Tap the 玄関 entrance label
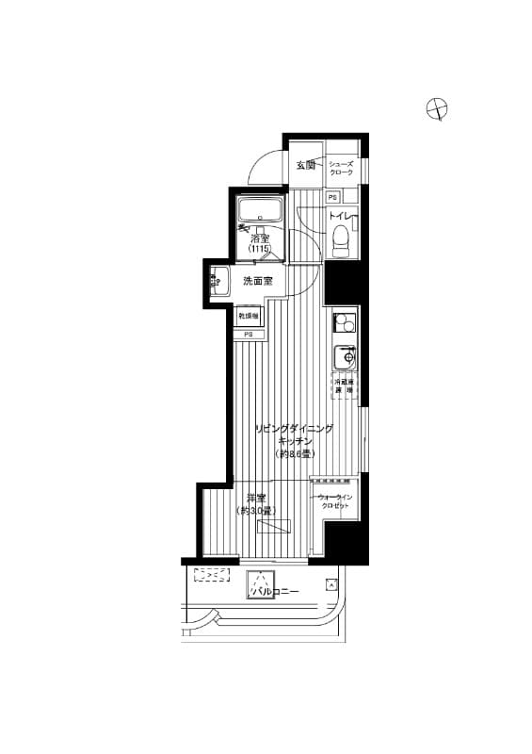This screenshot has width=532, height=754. pos(306,166)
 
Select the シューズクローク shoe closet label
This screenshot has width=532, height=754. pos(341,168)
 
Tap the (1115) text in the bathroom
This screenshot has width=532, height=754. pos(260,249)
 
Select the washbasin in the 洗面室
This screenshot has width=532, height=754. pos(218,280)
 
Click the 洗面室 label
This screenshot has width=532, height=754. pos(257,281)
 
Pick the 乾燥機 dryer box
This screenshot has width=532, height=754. pos(249,316)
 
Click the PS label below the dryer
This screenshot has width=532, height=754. pos(249,335)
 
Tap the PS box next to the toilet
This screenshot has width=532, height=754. pos(333,197)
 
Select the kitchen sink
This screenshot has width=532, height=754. pos(346,358)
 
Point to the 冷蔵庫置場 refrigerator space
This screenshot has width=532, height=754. pos(344,385)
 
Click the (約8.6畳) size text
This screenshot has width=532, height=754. pos(294,454)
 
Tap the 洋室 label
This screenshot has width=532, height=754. pos(255,498)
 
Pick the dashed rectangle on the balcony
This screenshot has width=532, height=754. pos(212,574)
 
